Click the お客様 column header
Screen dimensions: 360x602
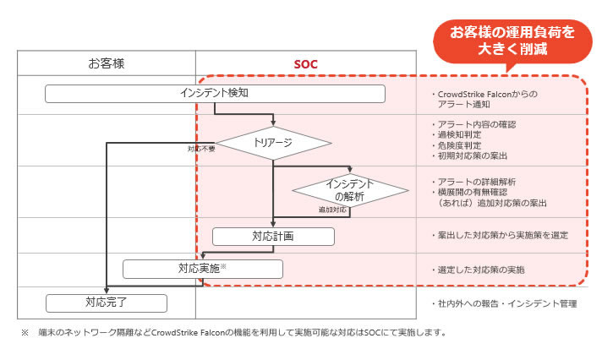tap(107, 63)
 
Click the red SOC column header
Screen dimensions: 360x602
tap(306, 63)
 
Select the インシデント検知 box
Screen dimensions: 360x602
tap(215, 93)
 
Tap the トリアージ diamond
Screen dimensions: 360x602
tap(272, 143)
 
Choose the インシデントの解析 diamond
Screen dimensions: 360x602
tap(350, 190)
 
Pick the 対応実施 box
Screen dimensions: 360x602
tap(202, 269)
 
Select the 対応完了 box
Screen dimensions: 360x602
tap(107, 301)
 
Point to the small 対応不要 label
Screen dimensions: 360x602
tap(201, 150)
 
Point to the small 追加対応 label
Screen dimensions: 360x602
tap(332, 209)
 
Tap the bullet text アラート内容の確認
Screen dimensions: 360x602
tap(477, 124)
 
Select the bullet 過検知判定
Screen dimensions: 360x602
tap(462, 134)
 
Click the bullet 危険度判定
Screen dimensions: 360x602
tap(462, 145)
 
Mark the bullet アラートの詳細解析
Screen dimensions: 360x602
tap(477, 182)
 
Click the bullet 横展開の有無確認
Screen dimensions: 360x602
tap(477, 193)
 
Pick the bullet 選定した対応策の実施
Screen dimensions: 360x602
tap(482, 270)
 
